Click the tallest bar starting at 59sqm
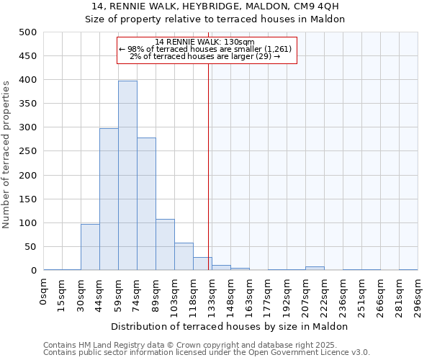click(x=127, y=176)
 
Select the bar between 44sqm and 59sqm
click(x=109, y=199)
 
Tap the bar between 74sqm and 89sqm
click(x=146, y=204)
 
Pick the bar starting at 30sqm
click(x=90, y=247)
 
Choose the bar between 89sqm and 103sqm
click(x=165, y=245)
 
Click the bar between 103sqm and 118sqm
click(x=184, y=256)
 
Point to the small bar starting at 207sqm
click(x=315, y=268)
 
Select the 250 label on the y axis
click(x=28, y=151)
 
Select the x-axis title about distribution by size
click(x=230, y=326)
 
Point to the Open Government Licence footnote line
click(x=207, y=352)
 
